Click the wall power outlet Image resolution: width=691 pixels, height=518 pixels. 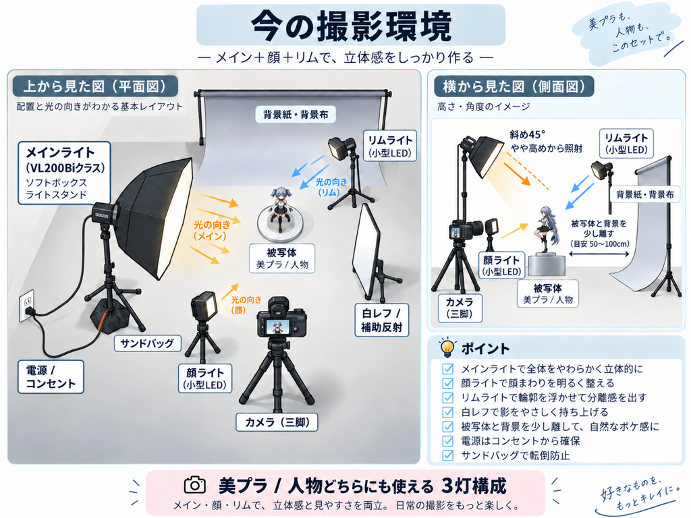(27, 306)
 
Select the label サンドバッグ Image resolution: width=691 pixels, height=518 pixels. (147, 343)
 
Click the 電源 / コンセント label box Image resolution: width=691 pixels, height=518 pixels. (51, 376)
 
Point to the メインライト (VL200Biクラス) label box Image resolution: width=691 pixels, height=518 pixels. (64, 173)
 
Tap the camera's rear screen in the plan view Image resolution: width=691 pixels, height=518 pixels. (277, 327)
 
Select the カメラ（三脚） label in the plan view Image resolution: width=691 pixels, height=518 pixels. (277, 422)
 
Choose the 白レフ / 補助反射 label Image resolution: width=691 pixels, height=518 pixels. (382, 320)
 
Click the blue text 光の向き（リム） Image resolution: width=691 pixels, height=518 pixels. (331, 188)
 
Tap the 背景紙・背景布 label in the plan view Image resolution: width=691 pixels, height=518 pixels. (296, 115)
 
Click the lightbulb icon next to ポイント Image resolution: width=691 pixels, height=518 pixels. (447, 347)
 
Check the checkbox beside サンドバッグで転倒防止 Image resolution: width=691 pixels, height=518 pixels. (448, 455)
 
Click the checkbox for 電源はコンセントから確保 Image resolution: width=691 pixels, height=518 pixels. (448, 440)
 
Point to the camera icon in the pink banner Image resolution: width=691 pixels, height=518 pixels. (195, 485)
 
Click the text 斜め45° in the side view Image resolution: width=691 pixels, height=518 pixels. (527, 134)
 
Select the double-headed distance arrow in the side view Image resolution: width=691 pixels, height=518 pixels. (599, 254)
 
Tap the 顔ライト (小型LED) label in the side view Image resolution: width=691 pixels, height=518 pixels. (502, 265)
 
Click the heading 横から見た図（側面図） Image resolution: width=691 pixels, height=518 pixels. (514, 86)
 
